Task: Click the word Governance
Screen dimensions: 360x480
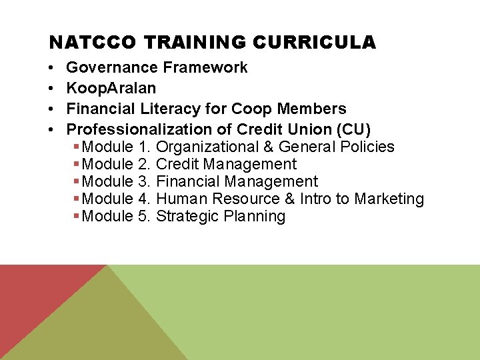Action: (112, 67)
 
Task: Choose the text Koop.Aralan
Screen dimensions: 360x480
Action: (111, 88)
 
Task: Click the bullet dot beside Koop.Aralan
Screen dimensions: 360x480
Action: (51, 89)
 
